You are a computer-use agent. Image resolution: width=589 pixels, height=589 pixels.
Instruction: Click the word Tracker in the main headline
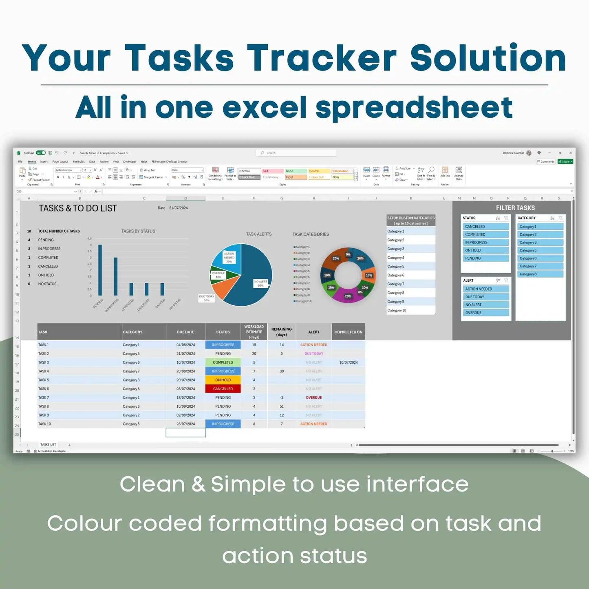pos(322,58)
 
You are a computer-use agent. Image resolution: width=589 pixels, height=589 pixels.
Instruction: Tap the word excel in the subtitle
pos(264,107)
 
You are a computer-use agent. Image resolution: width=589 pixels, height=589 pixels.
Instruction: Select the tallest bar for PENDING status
pos(100,270)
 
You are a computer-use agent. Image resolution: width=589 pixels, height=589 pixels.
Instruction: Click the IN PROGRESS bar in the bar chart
pos(116,276)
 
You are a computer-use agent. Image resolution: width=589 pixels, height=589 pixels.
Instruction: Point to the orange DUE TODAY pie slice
pos(223,288)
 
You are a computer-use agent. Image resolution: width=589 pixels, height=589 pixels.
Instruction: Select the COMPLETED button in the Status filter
pos(485,234)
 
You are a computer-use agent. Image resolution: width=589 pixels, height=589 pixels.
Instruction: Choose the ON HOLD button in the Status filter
pos(485,250)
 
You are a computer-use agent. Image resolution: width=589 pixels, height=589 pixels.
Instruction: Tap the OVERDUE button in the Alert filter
pos(485,313)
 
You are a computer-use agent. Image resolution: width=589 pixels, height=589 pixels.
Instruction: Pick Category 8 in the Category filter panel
pos(540,274)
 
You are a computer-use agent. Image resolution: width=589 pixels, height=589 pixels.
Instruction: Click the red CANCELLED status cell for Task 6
pos(223,389)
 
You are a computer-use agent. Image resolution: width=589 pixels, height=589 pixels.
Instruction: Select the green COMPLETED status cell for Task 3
pos(223,362)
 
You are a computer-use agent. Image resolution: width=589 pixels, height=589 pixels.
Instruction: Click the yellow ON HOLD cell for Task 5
pos(223,380)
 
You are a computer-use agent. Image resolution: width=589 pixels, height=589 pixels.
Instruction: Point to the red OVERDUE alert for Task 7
pos(314,397)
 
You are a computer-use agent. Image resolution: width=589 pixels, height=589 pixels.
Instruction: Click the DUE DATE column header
pos(185,332)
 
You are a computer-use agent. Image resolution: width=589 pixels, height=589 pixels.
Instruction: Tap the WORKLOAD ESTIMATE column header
pos(254,332)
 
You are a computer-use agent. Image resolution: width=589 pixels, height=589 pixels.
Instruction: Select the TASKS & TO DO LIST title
pos(78,208)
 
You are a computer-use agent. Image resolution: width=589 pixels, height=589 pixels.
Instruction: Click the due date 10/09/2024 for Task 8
pos(185,406)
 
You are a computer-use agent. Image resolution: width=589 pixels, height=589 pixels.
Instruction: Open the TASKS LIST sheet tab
pos(48,445)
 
